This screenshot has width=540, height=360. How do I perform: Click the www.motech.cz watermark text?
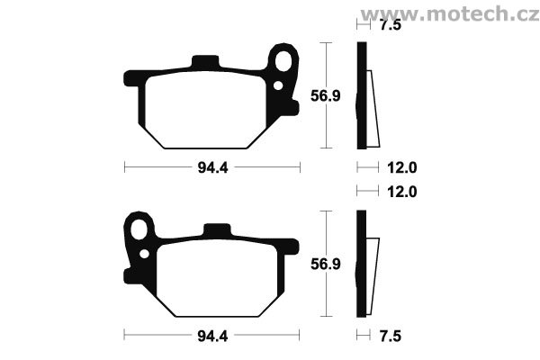(449, 14)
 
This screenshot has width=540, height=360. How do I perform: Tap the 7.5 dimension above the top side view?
(391, 25)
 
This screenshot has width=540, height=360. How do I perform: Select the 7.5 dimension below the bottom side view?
(391, 336)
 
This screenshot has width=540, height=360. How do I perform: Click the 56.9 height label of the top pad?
(326, 95)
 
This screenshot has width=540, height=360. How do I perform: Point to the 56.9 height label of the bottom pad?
(326, 264)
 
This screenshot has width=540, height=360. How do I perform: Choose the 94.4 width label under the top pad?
(212, 167)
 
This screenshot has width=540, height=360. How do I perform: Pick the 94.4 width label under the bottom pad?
(212, 336)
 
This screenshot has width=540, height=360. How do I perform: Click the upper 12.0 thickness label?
(402, 167)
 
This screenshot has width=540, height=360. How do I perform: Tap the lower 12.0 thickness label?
(402, 192)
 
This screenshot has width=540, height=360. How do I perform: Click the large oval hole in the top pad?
(283, 61)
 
